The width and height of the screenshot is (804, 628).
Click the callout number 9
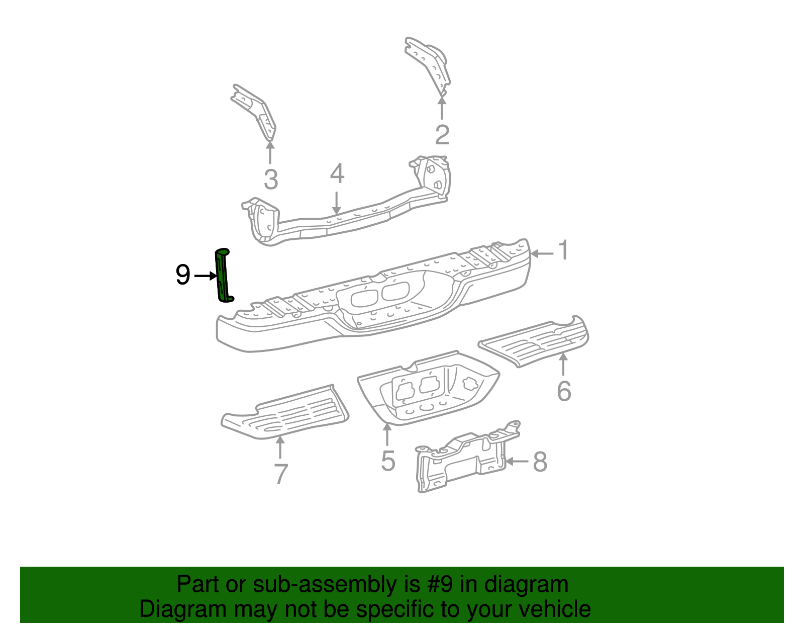(183, 275)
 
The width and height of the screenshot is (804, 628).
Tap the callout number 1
(564, 250)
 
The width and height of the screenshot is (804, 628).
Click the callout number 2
(442, 135)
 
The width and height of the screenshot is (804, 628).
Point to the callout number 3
(271, 180)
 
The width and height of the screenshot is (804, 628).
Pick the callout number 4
(337, 173)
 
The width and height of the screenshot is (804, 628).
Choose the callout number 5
(388, 461)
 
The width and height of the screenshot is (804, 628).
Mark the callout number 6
(564, 391)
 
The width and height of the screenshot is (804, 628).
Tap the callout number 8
(540, 462)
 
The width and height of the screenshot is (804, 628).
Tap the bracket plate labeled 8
(462, 458)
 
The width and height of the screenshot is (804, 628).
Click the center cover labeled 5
(427, 390)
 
